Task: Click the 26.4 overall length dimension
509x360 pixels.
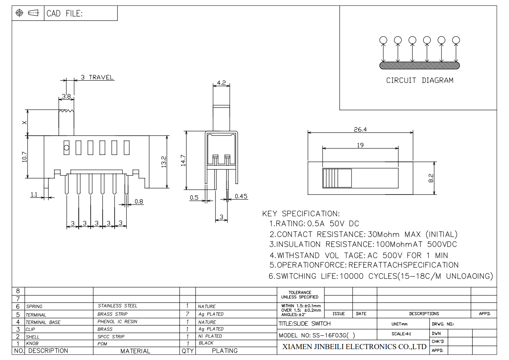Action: point(360,129)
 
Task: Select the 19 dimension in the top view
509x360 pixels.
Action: point(360,145)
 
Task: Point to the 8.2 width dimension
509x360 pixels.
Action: point(431,178)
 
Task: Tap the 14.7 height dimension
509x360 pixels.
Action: point(183,160)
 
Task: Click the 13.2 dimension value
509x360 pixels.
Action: point(164,162)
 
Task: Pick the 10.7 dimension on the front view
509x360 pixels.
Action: point(24,157)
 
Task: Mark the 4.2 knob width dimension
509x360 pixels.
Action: point(221,83)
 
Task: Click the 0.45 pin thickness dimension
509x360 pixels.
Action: point(241,196)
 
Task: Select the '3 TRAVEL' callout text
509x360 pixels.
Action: point(97,77)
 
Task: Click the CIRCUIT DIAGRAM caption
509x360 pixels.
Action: point(420,81)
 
